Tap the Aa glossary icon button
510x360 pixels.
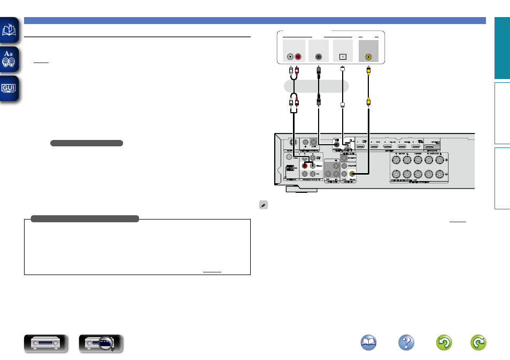10,59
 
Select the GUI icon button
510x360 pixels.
10,88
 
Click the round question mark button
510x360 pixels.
407,343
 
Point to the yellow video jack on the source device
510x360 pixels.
369,56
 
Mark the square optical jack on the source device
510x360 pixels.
343,57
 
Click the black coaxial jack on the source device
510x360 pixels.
319,56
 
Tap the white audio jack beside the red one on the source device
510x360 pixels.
290,56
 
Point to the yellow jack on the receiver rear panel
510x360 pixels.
352,173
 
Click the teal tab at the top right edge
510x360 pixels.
501,48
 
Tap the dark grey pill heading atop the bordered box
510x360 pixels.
85,218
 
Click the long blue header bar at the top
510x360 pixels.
254,20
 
